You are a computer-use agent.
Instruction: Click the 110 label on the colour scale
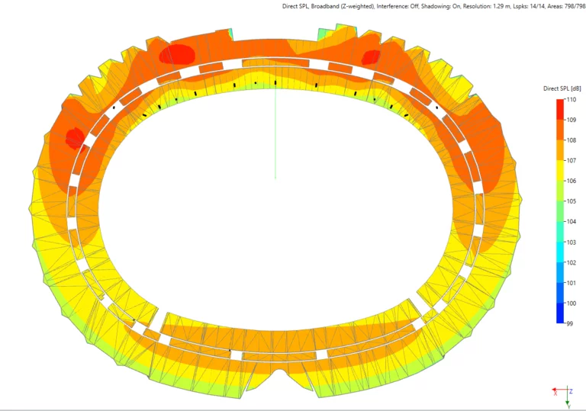[572, 100]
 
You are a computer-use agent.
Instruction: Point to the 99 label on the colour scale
[569, 323]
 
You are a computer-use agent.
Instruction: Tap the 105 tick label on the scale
[572, 201]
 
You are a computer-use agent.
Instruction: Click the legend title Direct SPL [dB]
[562, 88]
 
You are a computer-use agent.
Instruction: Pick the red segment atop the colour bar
[560, 109]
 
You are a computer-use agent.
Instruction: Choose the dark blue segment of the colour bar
[560, 313]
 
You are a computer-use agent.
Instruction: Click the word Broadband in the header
[324, 6]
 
